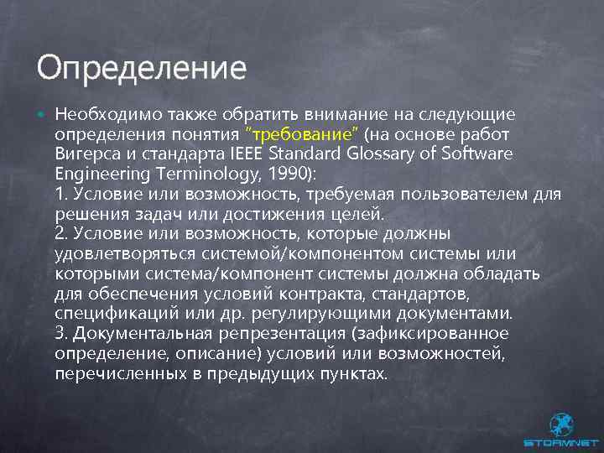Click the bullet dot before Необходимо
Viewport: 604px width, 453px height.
pyautogui.click(x=41, y=113)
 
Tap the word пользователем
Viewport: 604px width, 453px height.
pyautogui.click(x=476, y=195)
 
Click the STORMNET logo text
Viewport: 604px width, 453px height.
pyautogui.click(x=561, y=443)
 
